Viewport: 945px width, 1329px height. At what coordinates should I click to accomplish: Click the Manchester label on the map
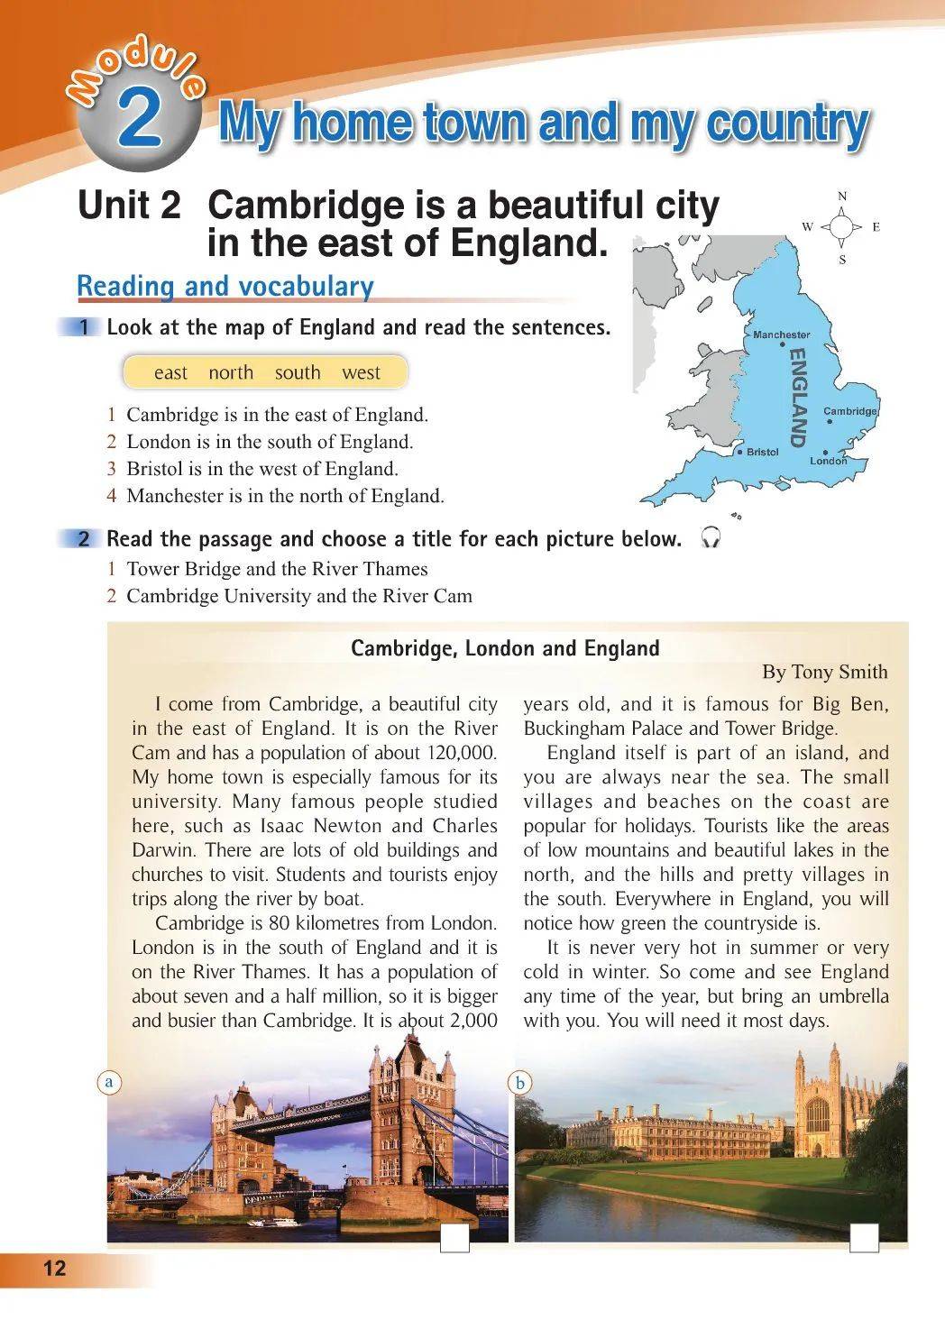(781, 335)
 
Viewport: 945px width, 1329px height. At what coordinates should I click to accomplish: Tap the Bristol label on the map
(762, 452)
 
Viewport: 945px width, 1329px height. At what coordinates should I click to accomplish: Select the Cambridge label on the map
(849, 411)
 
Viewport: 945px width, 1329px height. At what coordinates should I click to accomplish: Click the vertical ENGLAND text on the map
(797, 399)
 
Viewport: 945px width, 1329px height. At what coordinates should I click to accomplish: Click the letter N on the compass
(841, 197)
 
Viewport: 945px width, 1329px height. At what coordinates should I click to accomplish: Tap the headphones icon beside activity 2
(711, 538)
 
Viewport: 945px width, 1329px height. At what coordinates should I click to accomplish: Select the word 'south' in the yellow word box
(298, 372)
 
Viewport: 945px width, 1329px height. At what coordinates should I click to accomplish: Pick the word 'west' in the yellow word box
(361, 372)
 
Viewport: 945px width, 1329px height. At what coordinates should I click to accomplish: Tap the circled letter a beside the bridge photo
(109, 1081)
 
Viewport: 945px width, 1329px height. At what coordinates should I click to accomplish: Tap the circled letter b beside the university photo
(520, 1082)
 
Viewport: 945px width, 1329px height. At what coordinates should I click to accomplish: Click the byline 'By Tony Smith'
(824, 672)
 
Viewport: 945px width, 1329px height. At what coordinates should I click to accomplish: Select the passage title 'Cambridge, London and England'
(505, 648)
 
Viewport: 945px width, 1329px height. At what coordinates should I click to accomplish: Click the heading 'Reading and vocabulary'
(225, 286)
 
